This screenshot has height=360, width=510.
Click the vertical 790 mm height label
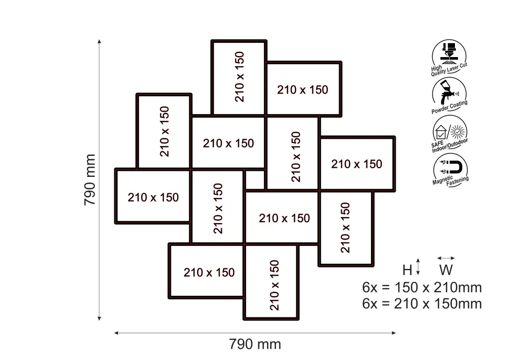point(90,179)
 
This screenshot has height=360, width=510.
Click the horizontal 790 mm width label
point(255,344)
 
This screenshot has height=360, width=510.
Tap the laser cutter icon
point(449,52)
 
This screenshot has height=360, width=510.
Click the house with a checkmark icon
point(441,132)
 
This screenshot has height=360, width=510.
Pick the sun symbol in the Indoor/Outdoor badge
point(458,132)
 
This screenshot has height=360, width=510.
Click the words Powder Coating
point(449,107)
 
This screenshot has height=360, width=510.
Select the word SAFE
point(437,144)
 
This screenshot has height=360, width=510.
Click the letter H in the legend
point(407,270)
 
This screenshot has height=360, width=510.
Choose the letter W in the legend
point(446,270)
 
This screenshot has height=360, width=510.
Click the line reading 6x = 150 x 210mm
point(422,287)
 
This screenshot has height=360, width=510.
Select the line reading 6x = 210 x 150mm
point(422,304)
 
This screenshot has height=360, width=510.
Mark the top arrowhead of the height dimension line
point(99,41)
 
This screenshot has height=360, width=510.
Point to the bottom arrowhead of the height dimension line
point(99,319)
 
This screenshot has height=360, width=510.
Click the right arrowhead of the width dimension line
point(394,333)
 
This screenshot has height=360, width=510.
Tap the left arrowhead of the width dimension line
point(116,333)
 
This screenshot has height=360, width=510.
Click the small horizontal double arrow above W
point(446,258)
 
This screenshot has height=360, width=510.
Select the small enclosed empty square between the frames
point(255,179)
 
